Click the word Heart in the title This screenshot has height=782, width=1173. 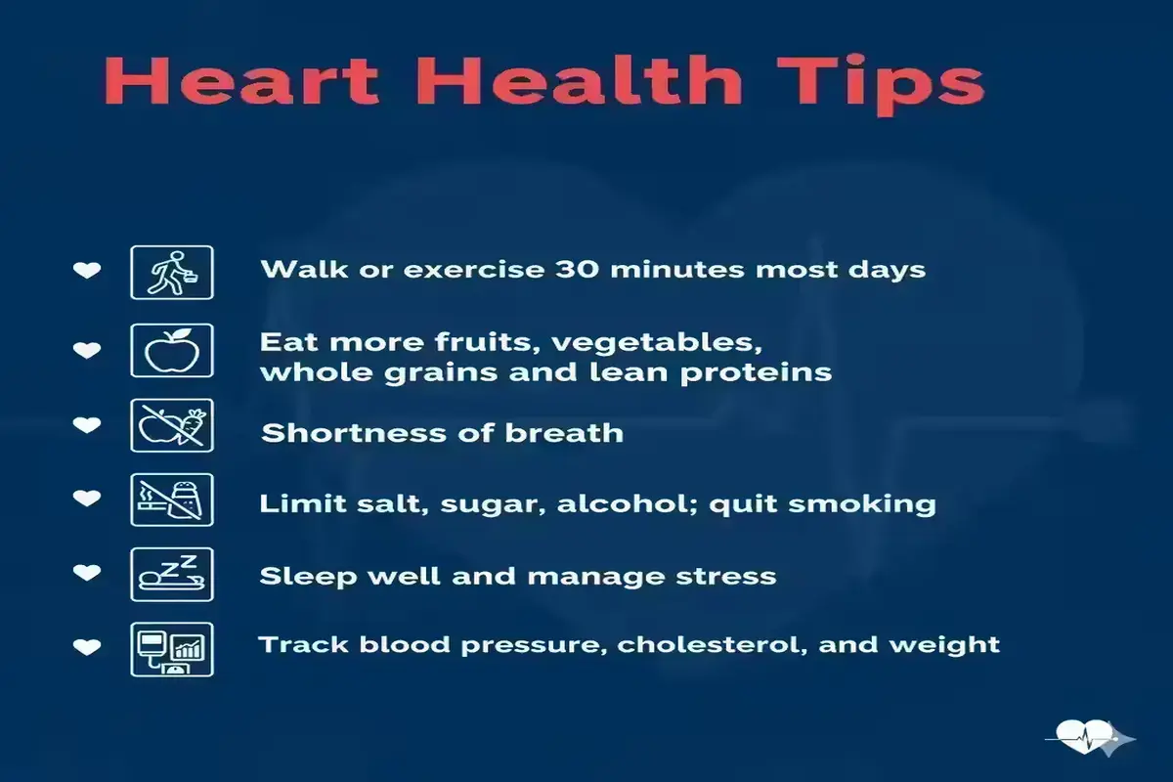tap(241, 80)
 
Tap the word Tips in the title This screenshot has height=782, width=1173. tap(882, 84)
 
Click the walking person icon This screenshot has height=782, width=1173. tap(172, 273)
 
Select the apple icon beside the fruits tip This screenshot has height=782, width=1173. tap(172, 350)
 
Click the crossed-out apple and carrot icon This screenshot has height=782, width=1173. tap(172, 425)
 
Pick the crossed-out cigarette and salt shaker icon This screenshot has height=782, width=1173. tap(172, 500)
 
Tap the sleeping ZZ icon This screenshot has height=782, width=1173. tap(172, 574)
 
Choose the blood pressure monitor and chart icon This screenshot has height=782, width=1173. tap(172, 649)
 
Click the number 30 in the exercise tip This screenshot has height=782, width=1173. tap(577, 269)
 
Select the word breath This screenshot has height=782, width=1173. tap(564, 433)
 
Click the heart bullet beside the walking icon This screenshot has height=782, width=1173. tap(87, 270)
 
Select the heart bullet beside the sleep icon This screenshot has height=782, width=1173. tap(87, 573)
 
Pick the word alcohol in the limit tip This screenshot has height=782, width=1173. tap(628, 503)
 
